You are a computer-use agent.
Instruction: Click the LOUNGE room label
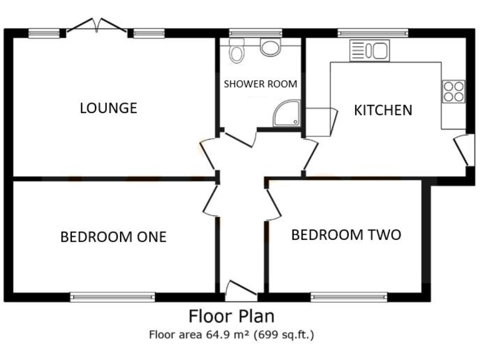point(108,108)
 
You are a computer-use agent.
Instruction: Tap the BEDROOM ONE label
point(113,237)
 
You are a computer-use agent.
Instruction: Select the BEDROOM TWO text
point(346,235)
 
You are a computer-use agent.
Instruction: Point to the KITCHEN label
point(383,111)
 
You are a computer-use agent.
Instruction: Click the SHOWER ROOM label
point(261,84)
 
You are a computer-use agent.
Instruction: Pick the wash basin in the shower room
point(271,47)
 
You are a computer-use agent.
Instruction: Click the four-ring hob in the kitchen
point(453,92)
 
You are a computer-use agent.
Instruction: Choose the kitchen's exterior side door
point(462,150)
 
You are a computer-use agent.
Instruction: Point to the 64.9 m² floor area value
point(223,335)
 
